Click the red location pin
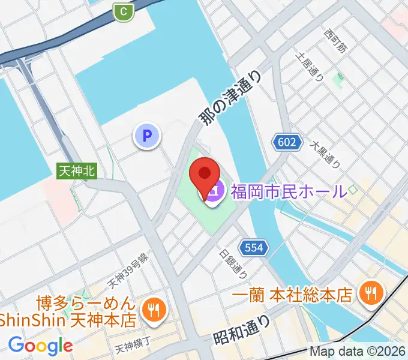tap(204, 175)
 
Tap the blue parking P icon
tap(148, 135)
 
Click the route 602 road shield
tap(287, 142)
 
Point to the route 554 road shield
tap(252, 247)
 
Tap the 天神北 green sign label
tap(77, 170)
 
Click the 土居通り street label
tap(310, 66)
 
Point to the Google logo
tap(40, 345)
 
